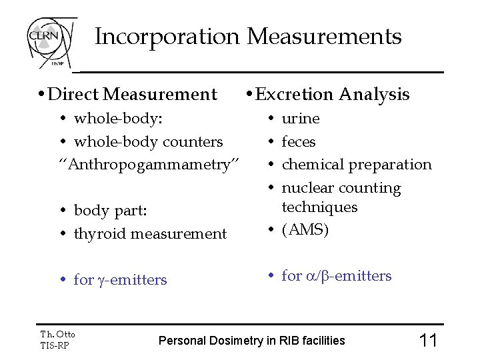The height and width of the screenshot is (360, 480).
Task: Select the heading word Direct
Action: [74, 95]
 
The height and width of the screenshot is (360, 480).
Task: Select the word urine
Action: [301, 119]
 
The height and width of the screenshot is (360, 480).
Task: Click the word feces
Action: [299, 141]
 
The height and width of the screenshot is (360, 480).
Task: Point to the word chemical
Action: [311, 164]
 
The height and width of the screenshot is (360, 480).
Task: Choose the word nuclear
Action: [307, 188]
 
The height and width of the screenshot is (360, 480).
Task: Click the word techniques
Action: [320, 207]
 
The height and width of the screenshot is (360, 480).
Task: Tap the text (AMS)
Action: [305, 230]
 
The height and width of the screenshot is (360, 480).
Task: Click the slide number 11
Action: [427, 341]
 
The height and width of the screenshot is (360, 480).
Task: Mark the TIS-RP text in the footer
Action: [54, 345]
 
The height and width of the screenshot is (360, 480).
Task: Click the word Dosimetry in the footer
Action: [233, 341]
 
